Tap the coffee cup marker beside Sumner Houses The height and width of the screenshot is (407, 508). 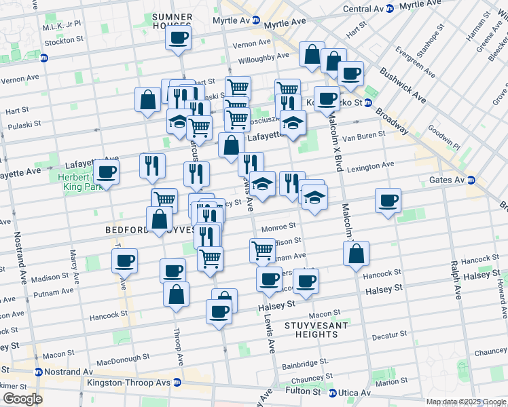coord(179,38)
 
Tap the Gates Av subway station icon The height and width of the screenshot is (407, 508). coord(471,180)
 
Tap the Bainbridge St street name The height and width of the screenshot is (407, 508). coord(305,362)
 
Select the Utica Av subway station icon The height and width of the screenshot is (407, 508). coord(333,393)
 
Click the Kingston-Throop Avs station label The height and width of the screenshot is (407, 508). coord(127,382)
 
